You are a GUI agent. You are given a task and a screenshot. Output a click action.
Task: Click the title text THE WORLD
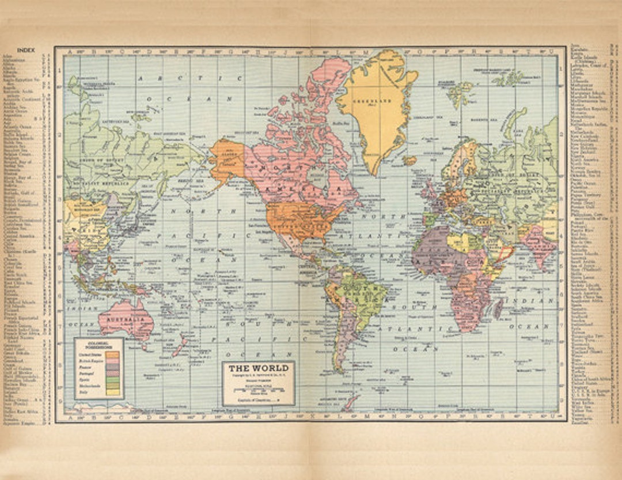tap(259, 368)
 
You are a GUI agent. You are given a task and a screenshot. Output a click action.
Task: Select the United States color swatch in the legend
tap(112, 356)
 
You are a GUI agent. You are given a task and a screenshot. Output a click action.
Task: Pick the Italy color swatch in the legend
tap(112, 392)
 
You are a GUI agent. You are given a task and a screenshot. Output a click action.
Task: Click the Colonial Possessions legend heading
tap(98, 345)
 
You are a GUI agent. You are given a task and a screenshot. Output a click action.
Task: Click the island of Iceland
tap(410, 161)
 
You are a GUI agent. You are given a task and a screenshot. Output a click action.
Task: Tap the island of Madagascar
tap(498, 308)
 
